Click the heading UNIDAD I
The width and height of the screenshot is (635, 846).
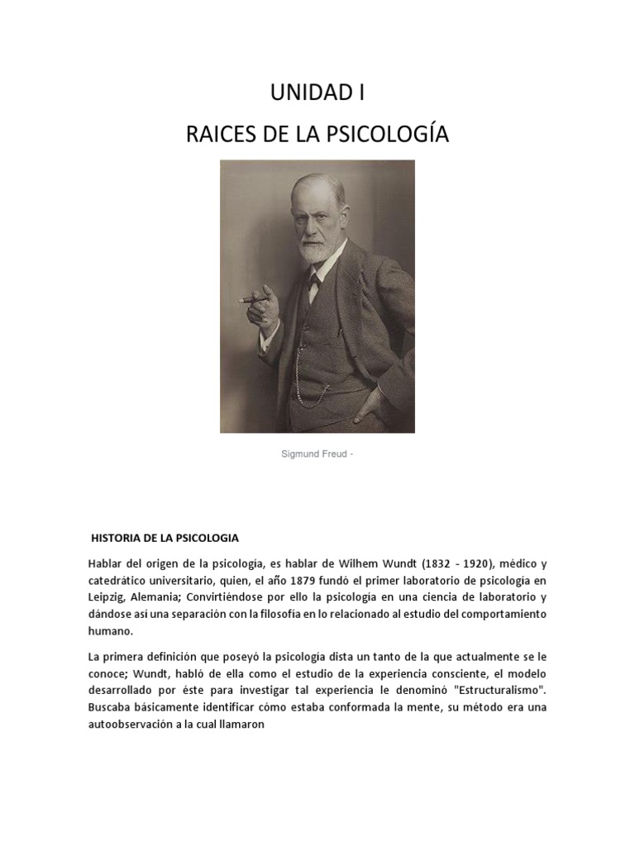tap(317, 93)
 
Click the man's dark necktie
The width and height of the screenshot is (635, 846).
tap(314, 286)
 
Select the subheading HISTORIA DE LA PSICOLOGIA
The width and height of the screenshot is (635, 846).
tap(165, 538)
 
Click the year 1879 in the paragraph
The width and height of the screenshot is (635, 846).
tap(303, 580)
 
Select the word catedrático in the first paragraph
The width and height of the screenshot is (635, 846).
tap(120, 580)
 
